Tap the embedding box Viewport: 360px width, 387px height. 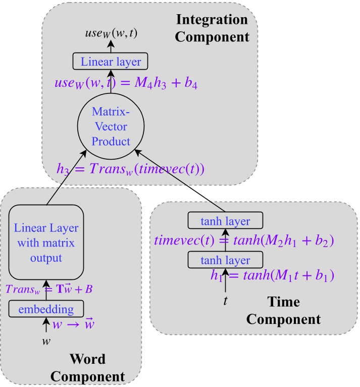[x=46, y=308]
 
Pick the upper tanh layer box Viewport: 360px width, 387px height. [x=226, y=221]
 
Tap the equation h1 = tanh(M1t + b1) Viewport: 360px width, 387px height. [x=272, y=277]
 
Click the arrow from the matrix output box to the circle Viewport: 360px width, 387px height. [x=71, y=172]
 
